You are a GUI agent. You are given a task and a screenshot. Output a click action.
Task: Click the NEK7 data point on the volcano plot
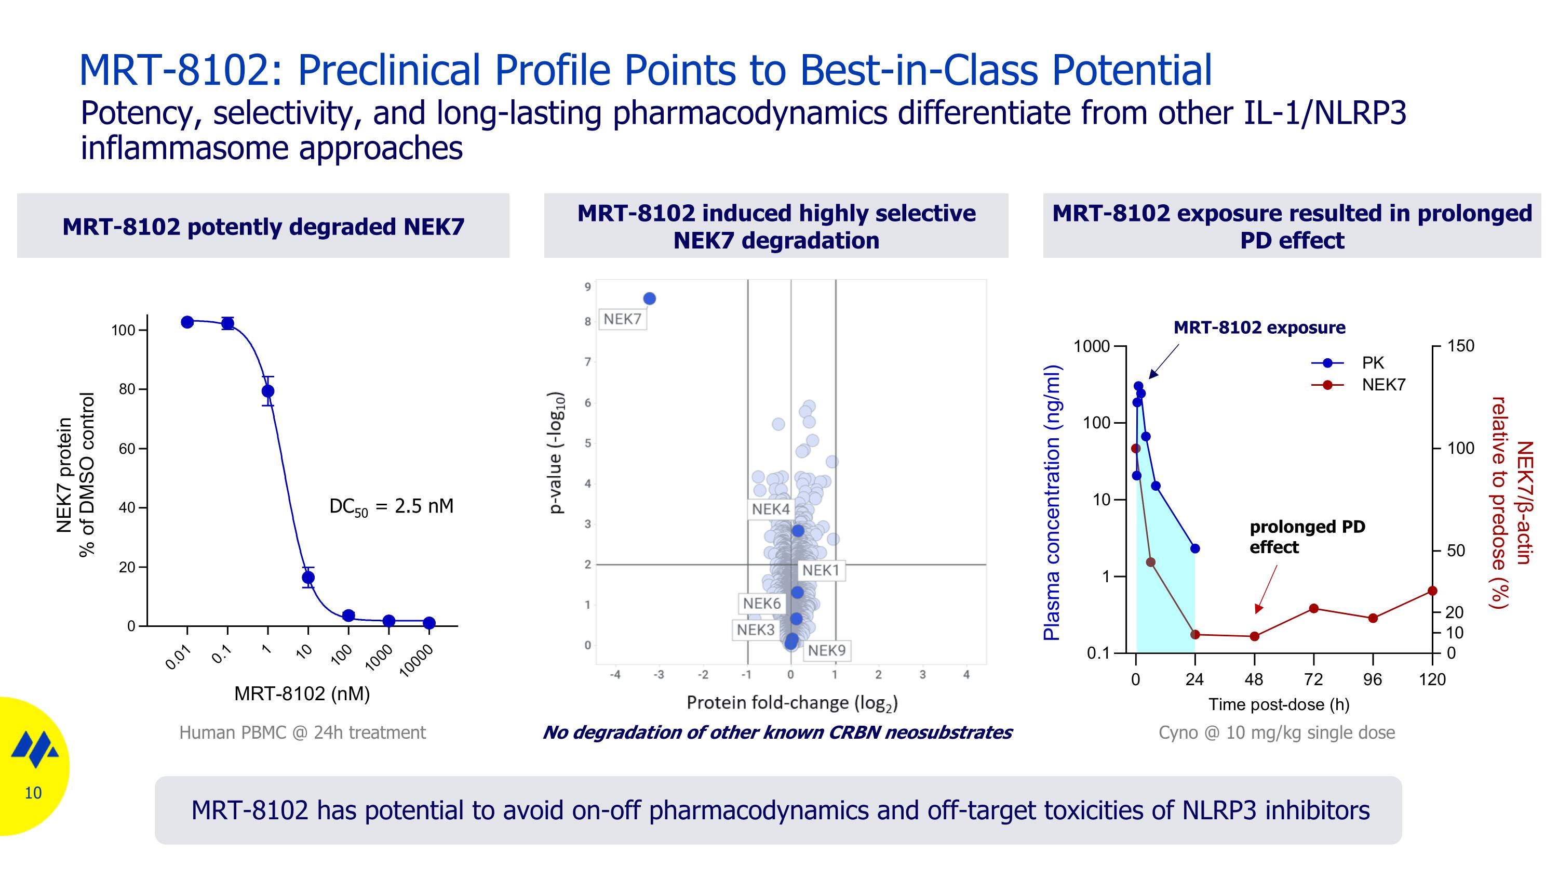(x=649, y=298)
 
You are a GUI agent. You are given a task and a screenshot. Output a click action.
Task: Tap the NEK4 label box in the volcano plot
(x=771, y=509)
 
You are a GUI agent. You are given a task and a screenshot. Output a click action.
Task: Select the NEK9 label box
(x=826, y=651)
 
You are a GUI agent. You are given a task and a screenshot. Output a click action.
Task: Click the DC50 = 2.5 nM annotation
(x=391, y=506)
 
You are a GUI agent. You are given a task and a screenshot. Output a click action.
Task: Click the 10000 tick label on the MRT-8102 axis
(x=417, y=660)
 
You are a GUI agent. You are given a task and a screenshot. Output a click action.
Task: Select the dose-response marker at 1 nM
(x=268, y=391)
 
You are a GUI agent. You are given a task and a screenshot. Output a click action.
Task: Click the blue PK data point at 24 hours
(x=1194, y=548)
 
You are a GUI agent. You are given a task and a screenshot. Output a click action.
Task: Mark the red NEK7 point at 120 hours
(x=1432, y=591)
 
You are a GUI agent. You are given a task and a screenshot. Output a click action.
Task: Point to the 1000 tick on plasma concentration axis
(x=1092, y=347)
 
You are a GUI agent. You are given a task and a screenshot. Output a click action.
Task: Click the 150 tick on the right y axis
(x=1460, y=346)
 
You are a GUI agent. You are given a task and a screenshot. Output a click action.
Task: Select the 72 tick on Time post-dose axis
(x=1313, y=679)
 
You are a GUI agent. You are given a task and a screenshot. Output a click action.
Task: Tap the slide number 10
(x=33, y=793)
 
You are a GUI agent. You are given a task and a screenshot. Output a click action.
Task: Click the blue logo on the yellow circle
(x=35, y=749)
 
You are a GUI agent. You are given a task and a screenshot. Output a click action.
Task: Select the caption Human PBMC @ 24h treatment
(x=302, y=732)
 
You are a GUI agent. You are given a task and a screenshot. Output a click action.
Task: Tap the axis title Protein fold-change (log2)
(x=791, y=703)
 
